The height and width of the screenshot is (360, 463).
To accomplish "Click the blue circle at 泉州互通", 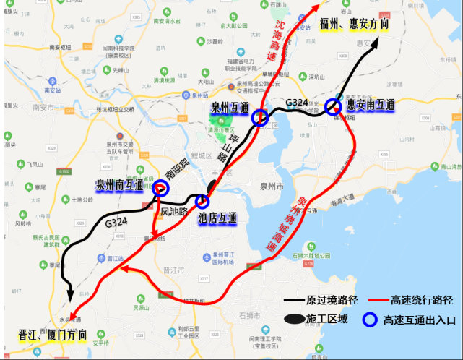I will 260,118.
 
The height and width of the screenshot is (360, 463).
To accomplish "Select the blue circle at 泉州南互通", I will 160,189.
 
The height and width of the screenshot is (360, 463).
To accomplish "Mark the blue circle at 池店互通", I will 203,201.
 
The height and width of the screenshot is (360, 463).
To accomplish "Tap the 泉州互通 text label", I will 230,107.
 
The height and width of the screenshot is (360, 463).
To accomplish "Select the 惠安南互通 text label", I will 371,106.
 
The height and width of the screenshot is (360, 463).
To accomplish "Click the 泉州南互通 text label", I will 120,184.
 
